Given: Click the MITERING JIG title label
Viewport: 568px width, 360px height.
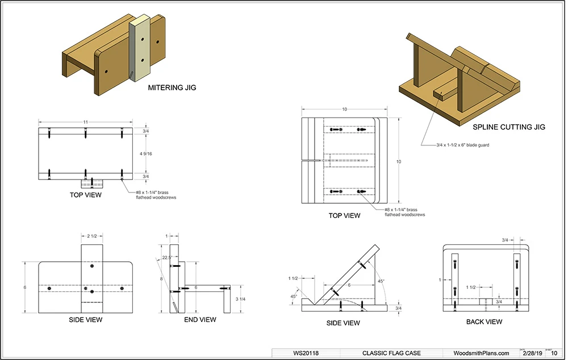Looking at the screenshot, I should click(x=172, y=88).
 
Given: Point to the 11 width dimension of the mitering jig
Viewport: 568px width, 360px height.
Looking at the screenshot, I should click(x=85, y=122).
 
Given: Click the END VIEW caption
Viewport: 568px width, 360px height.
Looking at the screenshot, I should click(x=200, y=320).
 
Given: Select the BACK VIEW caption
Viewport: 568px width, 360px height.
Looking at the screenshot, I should click(x=484, y=322).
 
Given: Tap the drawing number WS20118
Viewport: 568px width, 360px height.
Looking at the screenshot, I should click(x=306, y=353).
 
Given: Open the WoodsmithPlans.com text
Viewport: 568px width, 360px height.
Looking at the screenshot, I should click(x=482, y=353).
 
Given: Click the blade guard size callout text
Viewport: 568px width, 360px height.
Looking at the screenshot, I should click(x=456, y=145).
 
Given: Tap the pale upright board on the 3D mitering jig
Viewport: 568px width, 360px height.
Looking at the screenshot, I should click(x=140, y=48).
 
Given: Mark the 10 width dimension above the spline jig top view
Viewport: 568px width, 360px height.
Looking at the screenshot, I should click(x=344, y=109).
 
